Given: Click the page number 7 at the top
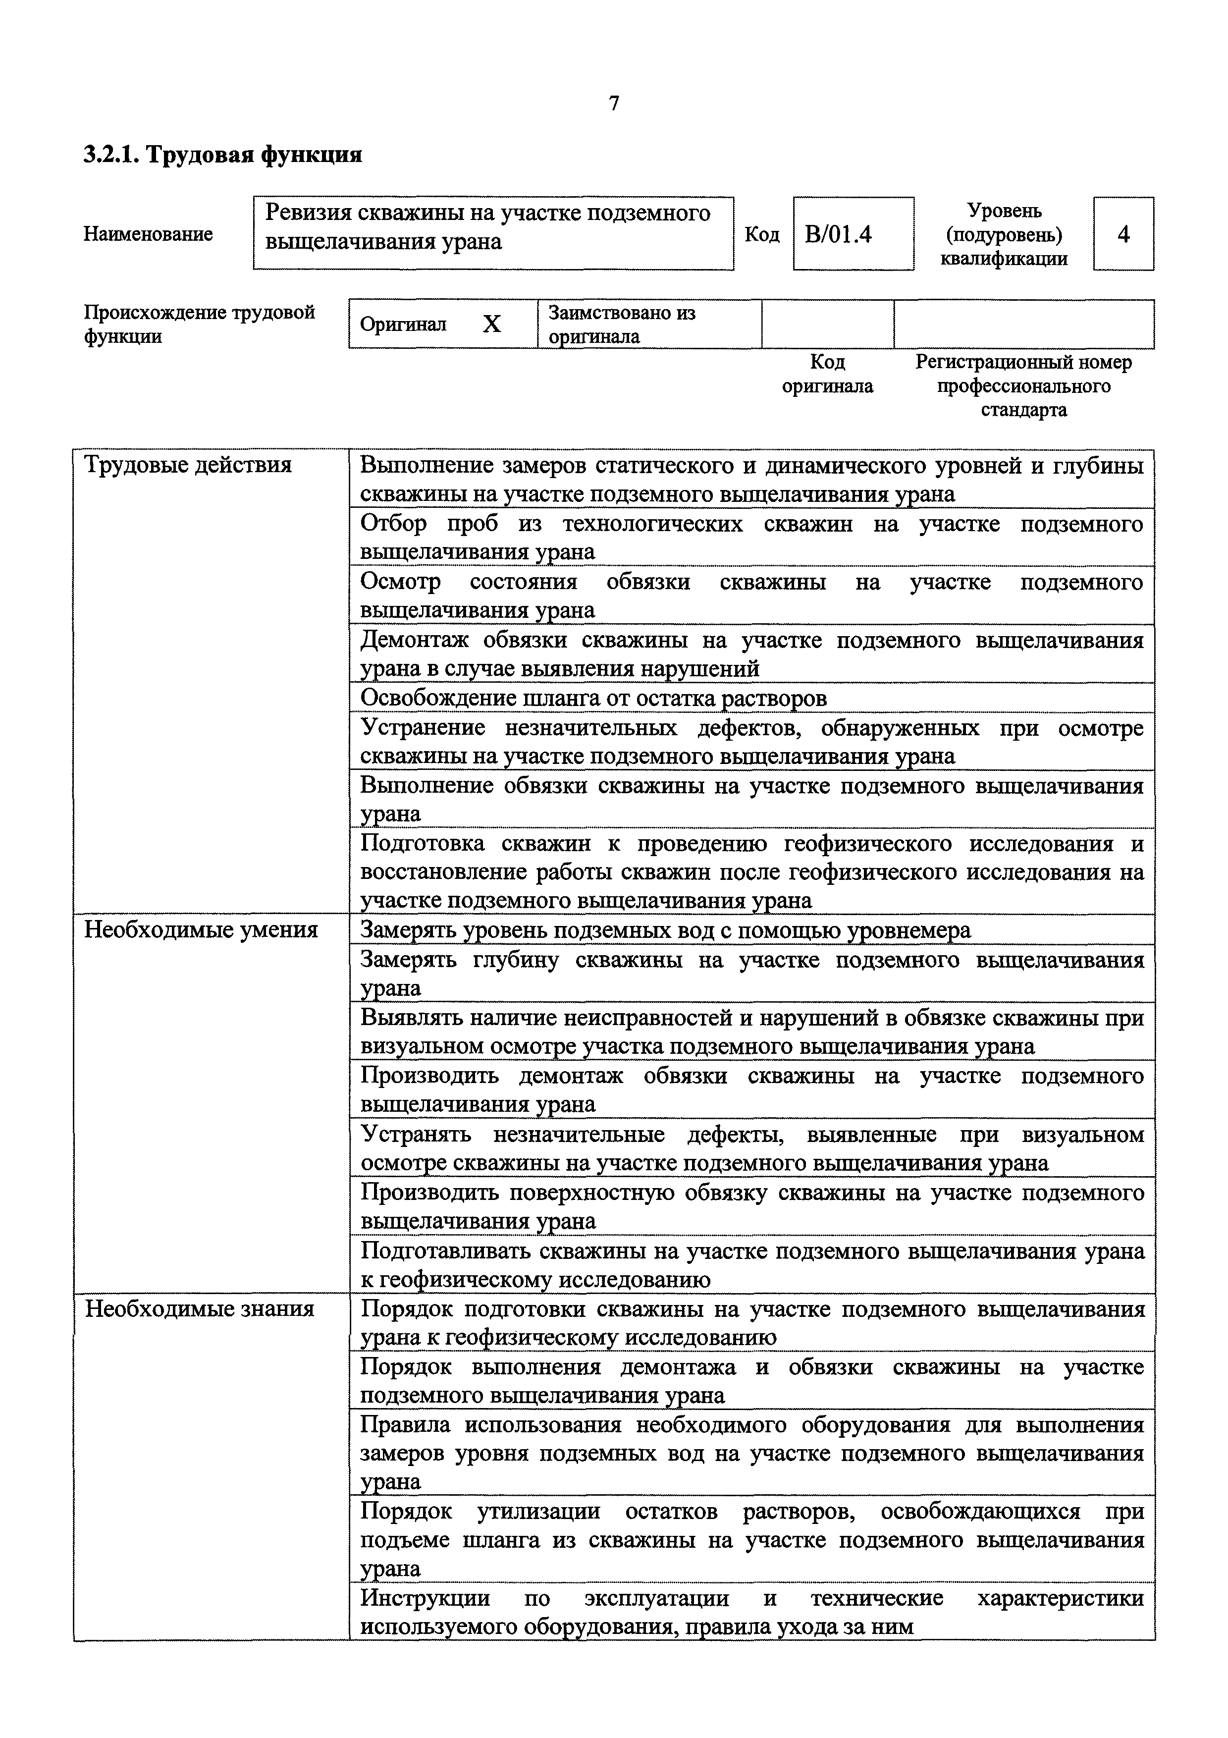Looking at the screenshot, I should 614,104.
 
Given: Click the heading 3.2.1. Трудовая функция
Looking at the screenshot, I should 222,155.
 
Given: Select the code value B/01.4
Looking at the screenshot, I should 838,235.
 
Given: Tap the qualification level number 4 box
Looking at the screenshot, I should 1123,235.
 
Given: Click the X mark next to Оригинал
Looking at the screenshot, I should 492,325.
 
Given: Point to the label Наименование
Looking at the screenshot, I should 148,234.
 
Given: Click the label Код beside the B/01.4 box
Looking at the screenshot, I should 762,235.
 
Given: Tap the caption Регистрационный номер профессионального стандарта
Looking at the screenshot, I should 1024,386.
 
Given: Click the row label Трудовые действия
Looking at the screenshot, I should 188,465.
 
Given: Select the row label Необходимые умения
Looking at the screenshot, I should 201,929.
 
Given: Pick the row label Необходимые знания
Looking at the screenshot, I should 199,1309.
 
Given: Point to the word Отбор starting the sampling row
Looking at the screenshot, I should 393,524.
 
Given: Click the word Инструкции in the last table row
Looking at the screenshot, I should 425,1598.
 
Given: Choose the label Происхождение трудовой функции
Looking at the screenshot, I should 199,324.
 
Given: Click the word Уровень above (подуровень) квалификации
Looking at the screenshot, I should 1004,211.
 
